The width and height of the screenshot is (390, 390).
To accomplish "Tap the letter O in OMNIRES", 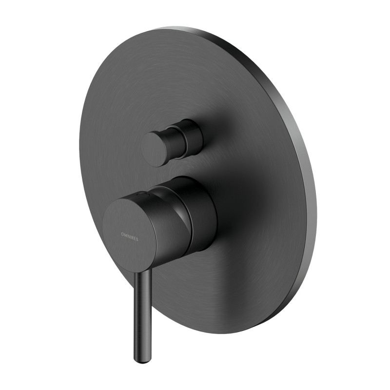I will click(x=122, y=234).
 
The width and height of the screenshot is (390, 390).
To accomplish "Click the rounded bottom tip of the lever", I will click(x=138, y=359).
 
